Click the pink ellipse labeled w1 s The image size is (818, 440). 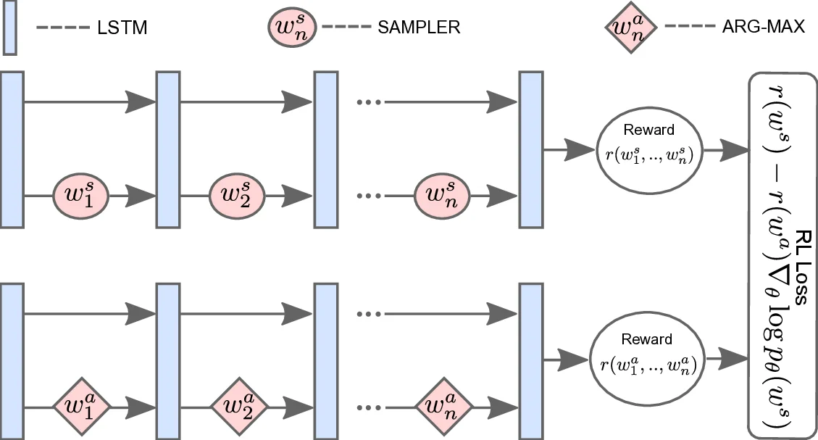tap(80, 194)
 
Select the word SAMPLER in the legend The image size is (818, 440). tap(419, 28)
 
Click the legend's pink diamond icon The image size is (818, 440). tap(630, 29)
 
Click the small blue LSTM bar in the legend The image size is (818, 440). tap(10, 28)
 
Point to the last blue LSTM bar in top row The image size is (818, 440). tap(531, 148)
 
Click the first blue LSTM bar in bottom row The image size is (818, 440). tap(12, 360)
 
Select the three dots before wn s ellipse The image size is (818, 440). tap(369, 196)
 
